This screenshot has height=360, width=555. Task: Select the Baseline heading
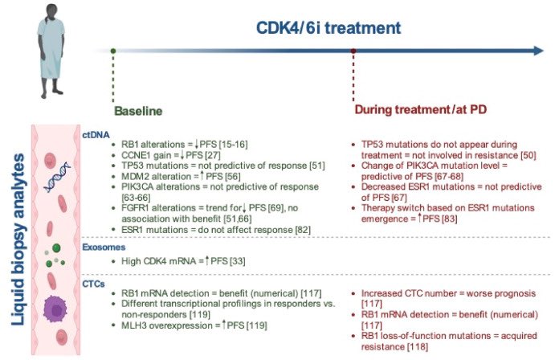click(139, 108)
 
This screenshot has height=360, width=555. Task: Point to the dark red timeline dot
click(353, 51)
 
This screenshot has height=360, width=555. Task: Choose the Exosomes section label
click(103, 248)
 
